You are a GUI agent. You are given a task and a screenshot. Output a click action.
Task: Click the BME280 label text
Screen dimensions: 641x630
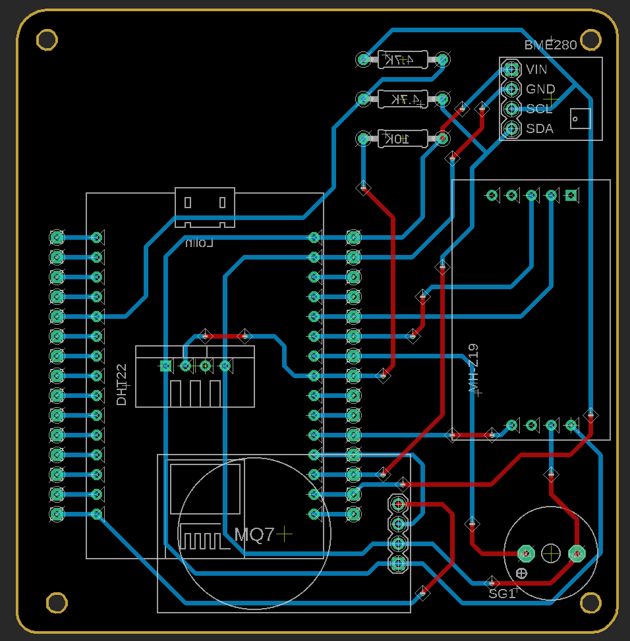click(x=550, y=45)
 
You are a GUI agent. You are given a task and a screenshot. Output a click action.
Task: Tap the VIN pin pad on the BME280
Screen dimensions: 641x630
click(x=511, y=69)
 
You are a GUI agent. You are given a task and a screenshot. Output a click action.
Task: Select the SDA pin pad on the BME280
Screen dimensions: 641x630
click(x=511, y=128)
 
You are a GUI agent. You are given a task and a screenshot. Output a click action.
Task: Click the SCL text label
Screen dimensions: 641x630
click(x=539, y=109)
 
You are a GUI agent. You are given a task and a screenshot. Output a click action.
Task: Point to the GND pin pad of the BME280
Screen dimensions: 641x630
click(x=511, y=88)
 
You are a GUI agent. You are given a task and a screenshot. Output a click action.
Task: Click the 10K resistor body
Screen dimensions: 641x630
click(x=403, y=138)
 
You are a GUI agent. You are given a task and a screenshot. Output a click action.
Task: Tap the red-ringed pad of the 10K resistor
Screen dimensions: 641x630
click(x=442, y=138)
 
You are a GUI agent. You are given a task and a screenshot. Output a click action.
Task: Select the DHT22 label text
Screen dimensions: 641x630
click(x=121, y=384)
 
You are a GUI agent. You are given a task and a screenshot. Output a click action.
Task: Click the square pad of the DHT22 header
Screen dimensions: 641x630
click(x=165, y=366)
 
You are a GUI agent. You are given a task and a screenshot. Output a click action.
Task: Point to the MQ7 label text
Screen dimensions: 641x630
click(x=254, y=535)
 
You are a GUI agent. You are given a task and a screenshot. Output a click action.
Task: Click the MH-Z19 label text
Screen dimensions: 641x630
click(x=472, y=369)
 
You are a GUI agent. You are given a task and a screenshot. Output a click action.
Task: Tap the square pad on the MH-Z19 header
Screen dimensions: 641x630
click(x=571, y=195)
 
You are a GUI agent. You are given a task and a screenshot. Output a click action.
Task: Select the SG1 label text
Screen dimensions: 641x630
click(x=501, y=594)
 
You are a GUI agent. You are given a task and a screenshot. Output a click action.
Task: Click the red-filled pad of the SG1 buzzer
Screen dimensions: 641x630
click(x=577, y=553)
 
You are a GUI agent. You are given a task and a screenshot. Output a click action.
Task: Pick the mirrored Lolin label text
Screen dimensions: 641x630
click(x=200, y=243)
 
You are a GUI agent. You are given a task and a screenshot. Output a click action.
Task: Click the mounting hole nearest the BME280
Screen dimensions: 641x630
click(x=592, y=40)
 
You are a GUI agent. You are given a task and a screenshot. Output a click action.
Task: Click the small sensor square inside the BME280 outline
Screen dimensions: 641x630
click(x=580, y=119)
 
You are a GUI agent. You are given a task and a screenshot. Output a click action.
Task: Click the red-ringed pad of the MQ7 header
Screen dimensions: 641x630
click(x=397, y=504)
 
